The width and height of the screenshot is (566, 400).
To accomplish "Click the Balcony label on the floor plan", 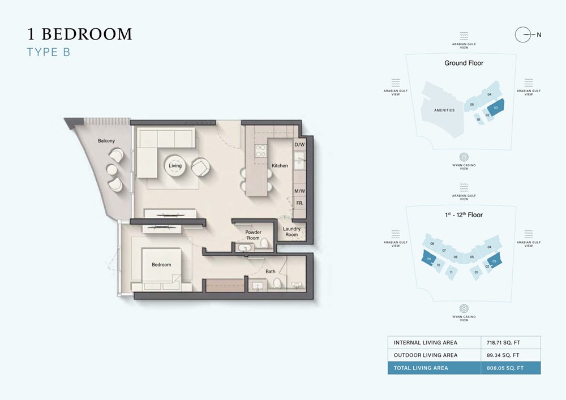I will pyautogui.click(x=106, y=140).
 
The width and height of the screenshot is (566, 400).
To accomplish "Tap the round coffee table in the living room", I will pyautogui.click(x=175, y=166).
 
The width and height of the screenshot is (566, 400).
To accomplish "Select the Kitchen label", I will pyautogui.click(x=280, y=166).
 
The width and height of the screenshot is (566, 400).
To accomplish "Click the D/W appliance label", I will pyautogui.click(x=300, y=145).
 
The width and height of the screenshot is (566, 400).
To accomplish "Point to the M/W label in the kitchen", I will pyautogui.click(x=300, y=191).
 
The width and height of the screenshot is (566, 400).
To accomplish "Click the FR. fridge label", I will pyautogui.click(x=300, y=203).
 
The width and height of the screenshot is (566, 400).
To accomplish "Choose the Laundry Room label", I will pyautogui.click(x=291, y=231).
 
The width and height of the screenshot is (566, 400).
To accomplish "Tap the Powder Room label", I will pyautogui.click(x=253, y=235).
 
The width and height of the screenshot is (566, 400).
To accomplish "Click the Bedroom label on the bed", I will pyautogui.click(x=161, y=265).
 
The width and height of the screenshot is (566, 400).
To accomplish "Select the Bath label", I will pyautogui.click(x=271, y=272).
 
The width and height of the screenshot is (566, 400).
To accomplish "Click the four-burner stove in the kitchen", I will pyautogui.click(x=261, y=150).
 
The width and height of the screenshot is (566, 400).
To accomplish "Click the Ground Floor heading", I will pyautogui.click(x=464, y=63).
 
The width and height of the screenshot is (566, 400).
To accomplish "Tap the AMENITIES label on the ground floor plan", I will pyautogui.click(x=444, y=110).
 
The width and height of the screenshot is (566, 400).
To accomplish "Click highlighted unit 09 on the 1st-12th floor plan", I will pyautogui.click(x=430, y=259).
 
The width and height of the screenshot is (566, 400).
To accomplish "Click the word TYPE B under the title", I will pyautogui.click(x=48, y=53).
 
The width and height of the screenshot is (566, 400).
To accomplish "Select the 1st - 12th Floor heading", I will pyautogui.click(x=464, y=215).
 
